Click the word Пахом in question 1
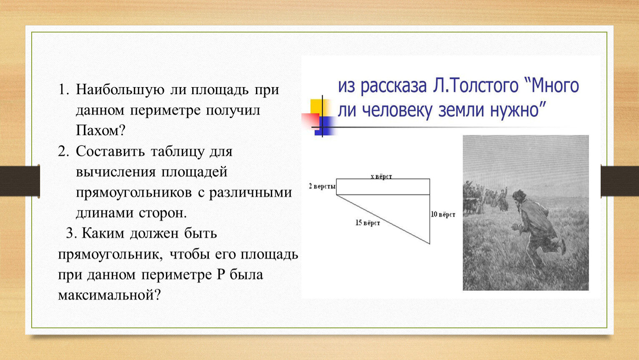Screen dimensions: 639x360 tap(97, 130)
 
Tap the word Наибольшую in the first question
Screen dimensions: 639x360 tap(120, 90)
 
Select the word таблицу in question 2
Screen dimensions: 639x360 tap(178, 152)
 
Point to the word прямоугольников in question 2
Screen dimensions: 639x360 tap(134, 193)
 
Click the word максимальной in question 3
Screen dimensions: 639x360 tap(106, 295)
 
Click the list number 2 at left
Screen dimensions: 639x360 tap(63, 151)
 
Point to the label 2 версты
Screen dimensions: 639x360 tap(322, 187)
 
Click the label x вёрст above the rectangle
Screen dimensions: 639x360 tap(381, 176)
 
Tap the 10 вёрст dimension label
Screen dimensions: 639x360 tap(443, 214)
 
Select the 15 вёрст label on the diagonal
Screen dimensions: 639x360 tap(368, 222)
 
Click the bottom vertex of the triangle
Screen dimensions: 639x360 tap(430, 244)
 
